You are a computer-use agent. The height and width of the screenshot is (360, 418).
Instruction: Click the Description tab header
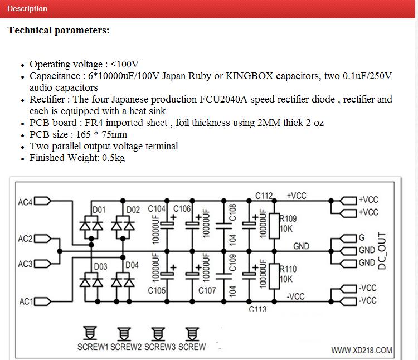pos(27,9)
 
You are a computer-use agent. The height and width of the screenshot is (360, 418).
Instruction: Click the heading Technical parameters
pos(59,31)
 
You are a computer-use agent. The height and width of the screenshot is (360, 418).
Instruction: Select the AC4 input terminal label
pos(25,201)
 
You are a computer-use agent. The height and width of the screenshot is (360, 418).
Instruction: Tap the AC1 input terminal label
pos(26,301)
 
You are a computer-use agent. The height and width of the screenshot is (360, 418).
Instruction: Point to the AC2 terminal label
pos(25,239)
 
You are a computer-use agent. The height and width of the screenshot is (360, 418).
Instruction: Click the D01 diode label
pos(99,210)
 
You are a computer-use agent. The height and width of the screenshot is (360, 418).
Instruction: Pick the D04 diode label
pos(132,265)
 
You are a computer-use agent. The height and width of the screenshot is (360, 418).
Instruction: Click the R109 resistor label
pos(288,219)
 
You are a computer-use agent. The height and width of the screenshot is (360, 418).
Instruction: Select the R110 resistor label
pos(288,269)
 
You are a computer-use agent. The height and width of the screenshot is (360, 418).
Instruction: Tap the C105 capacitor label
pos(158,290)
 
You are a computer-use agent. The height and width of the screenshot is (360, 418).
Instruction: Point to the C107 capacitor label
pos(207,290)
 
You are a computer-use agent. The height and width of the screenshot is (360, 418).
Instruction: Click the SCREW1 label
pos(93,347)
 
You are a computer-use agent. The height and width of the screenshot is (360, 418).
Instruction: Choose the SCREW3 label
pos(160,347)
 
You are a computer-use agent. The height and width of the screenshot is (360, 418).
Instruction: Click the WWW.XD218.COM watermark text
pos(362,351)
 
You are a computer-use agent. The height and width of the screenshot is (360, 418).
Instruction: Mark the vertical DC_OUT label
pos(382,251)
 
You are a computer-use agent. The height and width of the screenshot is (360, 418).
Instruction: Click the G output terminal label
pos(361,237)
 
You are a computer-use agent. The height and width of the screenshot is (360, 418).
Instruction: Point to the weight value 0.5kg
pos(113,158)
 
